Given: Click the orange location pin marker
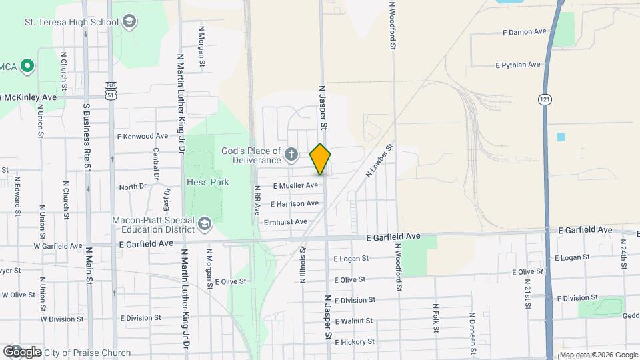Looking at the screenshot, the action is [x=321, y=159].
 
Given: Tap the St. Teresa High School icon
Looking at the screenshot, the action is [x=129, y=22].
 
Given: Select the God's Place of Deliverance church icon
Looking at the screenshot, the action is [x=291, y=155].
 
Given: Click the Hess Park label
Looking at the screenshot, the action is [x=211, y=182].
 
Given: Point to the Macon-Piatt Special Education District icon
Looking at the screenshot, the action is [x=204, y=222].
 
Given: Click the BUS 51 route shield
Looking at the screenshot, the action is [x=111, y=90].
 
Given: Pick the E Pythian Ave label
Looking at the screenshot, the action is [x=517, y=65].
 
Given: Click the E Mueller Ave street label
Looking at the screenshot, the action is [x=295, y=185].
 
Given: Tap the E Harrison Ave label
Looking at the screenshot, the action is [x=295, y=203].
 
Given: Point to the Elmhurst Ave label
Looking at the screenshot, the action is [x=285, y=221].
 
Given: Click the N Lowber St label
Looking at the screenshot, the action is [x=380, y=160].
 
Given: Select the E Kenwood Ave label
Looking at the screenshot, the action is [x=143, y=136].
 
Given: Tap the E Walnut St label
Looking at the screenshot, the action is [x=353, y=321].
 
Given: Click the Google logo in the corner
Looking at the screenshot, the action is [x=22, y=351].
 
